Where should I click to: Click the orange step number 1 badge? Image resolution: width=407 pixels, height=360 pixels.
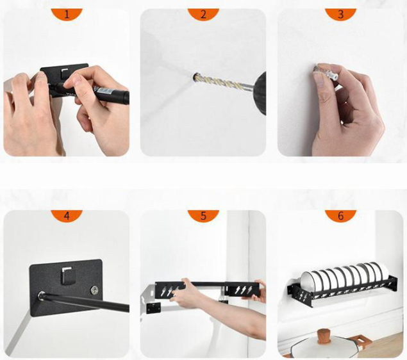[67, 14]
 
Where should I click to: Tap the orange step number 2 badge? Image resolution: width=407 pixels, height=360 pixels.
[203, 14]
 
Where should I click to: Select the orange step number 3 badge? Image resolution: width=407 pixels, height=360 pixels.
[340, 14]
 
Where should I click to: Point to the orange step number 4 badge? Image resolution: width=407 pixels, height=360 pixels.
[67, 216]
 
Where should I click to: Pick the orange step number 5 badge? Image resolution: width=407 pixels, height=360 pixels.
[203, 216]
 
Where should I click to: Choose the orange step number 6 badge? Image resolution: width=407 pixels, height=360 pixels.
[340, 216]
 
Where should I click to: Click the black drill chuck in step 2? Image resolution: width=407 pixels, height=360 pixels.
[259, 93]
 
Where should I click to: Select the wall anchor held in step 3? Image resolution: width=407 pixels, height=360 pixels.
[327, 73]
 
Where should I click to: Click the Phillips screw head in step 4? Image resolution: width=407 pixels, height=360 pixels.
[95, 290]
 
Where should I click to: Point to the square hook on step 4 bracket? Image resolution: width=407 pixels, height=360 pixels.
[66, 275]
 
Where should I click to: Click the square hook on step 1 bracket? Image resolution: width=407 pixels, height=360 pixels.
[65, 74]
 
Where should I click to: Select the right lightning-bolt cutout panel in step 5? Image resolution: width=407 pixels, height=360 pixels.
[242, 290]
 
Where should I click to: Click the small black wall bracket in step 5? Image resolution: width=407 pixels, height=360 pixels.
[153, 308]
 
